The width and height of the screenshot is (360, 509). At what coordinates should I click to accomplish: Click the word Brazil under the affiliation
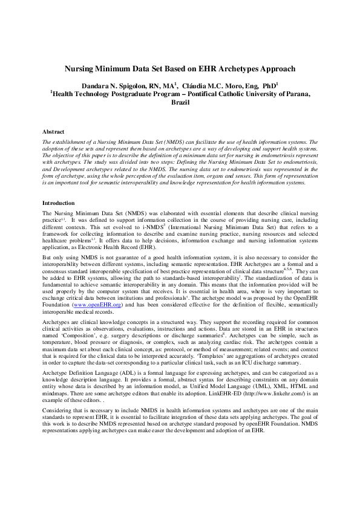[180, 103]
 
